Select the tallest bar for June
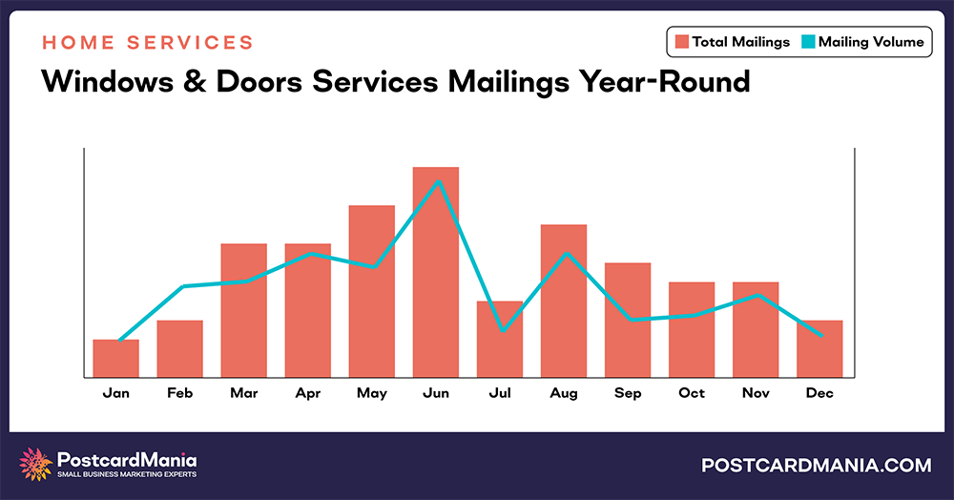[x=436, y=272]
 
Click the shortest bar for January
[x=116, y=358]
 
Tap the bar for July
[x=500, y=339]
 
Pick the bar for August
[x=564, y=301]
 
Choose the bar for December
[x=819, y=348]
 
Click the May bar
[x=372, y=291]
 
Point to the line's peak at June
[x=437, y=180]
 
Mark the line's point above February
[x=182, y=286]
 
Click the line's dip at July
[x=501, y=330]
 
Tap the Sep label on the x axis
[x=628, y=393]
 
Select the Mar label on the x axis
[x=244, y=393]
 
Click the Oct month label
[x=692, y=393]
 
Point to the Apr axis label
[x=308, y=393]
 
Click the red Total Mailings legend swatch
[x=681, y=42]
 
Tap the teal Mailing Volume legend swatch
[x=807, y=42]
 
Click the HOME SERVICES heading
[x=147, y=43]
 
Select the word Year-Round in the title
[x=664, y=83]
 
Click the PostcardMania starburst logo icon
[x=36, y=465]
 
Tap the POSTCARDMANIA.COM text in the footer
[x=816, y=466]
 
